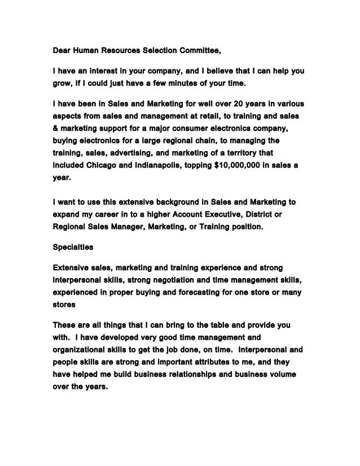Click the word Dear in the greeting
coord(62,53)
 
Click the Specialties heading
coord(74,247)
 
